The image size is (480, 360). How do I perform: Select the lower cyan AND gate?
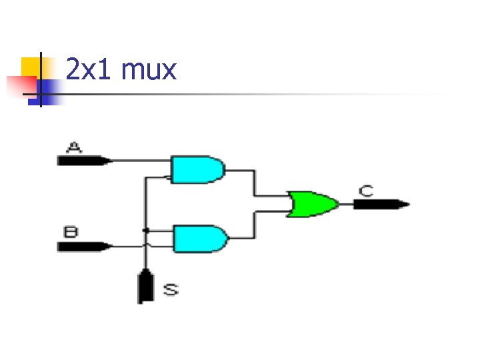199,238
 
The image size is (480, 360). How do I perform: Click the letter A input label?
74,147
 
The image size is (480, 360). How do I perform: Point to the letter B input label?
71,232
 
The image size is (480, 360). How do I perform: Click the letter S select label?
171,289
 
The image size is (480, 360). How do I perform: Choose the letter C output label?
366,191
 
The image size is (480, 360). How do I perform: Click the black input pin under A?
83,160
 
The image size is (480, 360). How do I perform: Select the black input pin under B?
83,246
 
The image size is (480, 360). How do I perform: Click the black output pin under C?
381,204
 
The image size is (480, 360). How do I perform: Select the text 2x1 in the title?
89,69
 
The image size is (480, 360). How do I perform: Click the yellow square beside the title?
30,66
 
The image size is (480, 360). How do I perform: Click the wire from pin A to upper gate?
140,161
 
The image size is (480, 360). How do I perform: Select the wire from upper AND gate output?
253,183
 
